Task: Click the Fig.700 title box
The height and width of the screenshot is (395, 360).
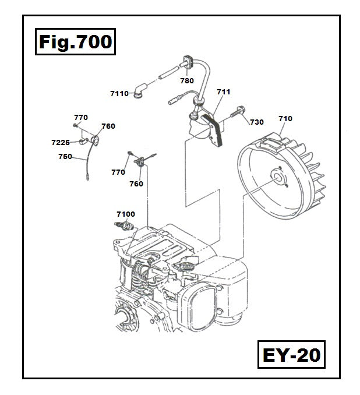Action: (74, 42)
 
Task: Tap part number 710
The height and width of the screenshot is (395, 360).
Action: (285, 119)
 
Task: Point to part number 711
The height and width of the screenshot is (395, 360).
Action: (223, 91)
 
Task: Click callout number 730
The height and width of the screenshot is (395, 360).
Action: (257, 122)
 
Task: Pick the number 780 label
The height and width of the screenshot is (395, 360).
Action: (186, 81)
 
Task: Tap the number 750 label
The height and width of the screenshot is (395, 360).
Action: (65, 156)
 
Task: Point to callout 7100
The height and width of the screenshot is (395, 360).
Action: (125, 214)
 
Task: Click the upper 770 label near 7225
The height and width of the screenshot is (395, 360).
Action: (80, 117)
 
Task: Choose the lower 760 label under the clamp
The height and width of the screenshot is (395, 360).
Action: (136, 184)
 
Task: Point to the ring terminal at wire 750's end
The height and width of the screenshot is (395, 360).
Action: (87, 178)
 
